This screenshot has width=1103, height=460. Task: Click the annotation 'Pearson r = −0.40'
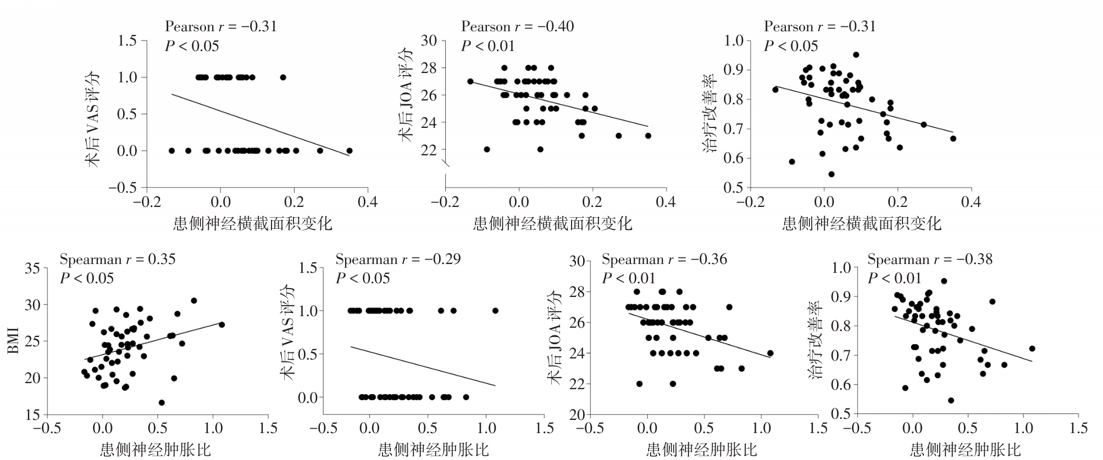pos(517,26)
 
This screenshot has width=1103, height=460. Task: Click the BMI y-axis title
pos(14,340)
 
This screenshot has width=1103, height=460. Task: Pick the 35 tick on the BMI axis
pos(32,268)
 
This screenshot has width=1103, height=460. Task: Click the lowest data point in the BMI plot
pos(162,402)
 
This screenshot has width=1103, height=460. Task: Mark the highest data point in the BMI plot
pos(193,300)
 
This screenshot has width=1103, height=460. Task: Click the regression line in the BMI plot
pos(154,341)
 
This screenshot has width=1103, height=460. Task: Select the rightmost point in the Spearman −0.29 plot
pos(495,311)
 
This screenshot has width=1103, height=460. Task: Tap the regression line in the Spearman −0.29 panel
pos(423,366)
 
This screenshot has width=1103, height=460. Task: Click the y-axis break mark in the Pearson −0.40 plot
pos(447,163)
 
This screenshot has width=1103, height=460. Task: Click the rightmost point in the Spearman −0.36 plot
pos(770,353)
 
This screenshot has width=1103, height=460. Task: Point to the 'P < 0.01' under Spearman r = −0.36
pos(629,278)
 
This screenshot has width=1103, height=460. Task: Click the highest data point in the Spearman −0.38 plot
pos(944,281)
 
